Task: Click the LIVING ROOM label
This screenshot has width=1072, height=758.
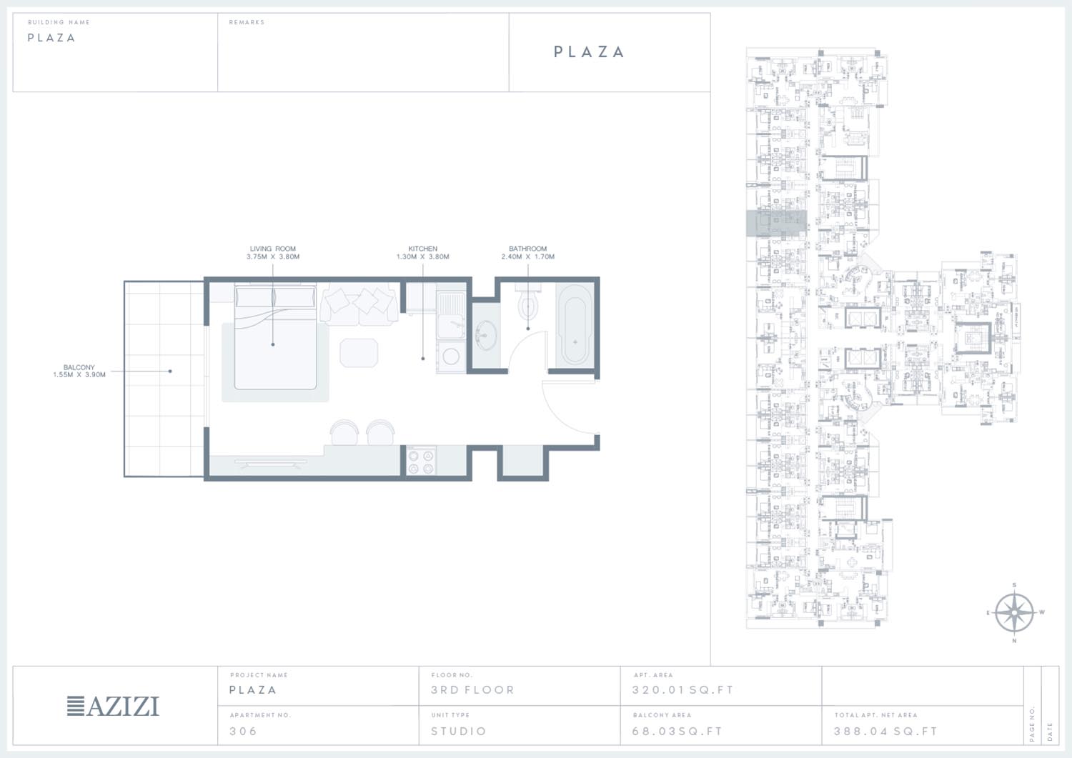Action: tap(273, 253)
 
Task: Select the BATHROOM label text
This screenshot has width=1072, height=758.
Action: tap(528, 253)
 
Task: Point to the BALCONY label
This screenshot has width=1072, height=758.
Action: tap(79, 371)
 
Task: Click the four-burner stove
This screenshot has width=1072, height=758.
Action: tap(421, 462)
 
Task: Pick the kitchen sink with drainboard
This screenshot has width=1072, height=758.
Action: tap(450, 315)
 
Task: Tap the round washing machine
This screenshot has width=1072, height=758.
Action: tap(451, 356)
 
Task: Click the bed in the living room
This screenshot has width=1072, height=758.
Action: tap(275, 337)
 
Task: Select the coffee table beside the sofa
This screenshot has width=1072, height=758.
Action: tap(359, 353)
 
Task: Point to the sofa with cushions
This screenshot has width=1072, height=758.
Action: tap(359, 304)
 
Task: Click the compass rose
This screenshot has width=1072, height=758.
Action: tap(1014, 612)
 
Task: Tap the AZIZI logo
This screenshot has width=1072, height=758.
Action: tap(113, 707)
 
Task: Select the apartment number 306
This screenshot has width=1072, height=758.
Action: tap(243, 731)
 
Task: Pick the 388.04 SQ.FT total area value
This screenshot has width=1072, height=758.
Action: tap(885, 731)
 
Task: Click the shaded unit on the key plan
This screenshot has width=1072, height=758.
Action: tap(776, 223)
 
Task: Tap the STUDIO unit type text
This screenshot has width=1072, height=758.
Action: tap(459, 731)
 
